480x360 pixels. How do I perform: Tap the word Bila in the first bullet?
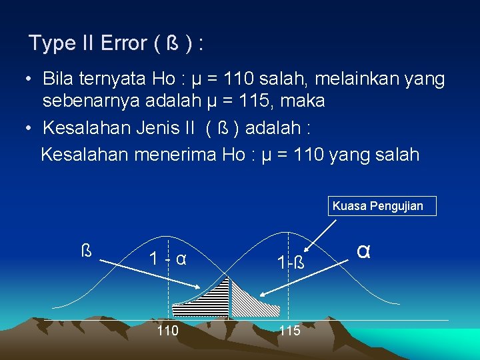(57, 79)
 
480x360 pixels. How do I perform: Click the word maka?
(303, 101)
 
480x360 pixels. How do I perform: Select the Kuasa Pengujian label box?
(377, 205)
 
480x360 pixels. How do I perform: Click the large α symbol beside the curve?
(363, 251)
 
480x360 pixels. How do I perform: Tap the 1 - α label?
(167, 258)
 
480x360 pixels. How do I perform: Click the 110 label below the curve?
(167, 331)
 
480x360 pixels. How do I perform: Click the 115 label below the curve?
(289, 331)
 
